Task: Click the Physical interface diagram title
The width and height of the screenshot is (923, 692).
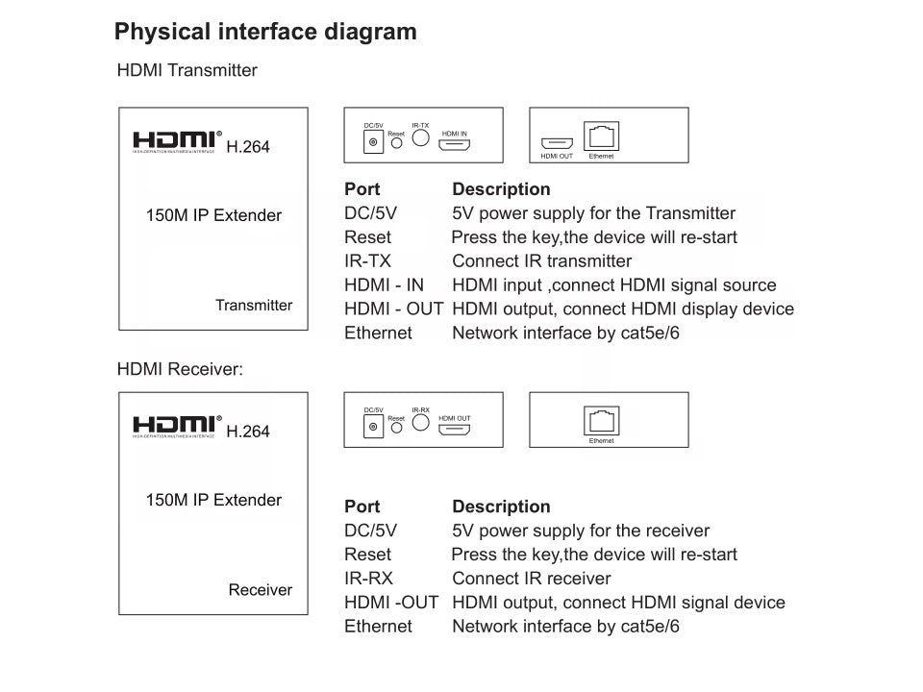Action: click(265, 32)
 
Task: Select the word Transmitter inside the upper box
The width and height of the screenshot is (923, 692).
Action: click(254, 306)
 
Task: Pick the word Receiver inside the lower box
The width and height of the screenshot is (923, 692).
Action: click(260, 590)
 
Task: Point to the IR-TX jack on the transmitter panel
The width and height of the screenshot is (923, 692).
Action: click(420, 137)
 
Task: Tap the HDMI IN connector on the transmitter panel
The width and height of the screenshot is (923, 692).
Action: click(455, 145)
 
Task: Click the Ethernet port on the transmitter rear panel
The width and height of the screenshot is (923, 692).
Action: click(602, 136)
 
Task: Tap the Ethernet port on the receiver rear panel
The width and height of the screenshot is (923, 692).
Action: click(601, 420)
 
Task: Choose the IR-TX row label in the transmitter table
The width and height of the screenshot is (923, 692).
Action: click(367, 260)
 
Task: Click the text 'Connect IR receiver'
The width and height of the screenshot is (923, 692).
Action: click(531, 579)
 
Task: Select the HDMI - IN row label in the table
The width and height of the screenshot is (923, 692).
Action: click(384, 284)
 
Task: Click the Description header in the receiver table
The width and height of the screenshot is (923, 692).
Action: click(501, 507)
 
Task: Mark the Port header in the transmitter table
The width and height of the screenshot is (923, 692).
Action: click(362, 189)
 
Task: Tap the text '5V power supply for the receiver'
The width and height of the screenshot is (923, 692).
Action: click(580, 531)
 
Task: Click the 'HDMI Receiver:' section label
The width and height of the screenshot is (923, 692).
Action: click(179, 368)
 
